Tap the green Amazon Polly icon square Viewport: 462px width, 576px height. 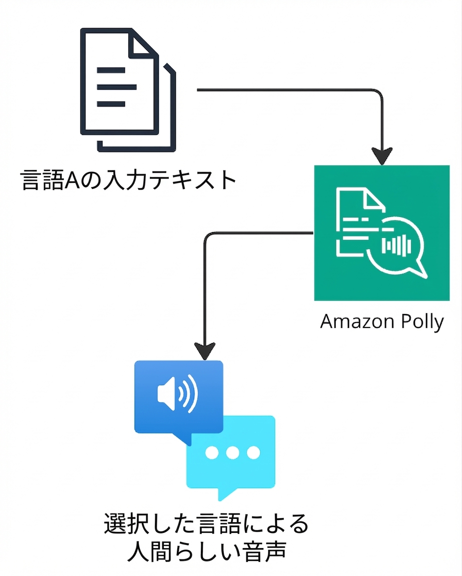382,232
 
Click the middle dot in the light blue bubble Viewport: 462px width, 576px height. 233,452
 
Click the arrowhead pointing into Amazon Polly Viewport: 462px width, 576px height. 382,156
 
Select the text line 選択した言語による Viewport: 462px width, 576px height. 206,524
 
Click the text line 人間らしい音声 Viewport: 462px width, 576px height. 206,553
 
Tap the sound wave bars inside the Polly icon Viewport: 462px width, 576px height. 397,245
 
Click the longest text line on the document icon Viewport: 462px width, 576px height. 116,86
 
